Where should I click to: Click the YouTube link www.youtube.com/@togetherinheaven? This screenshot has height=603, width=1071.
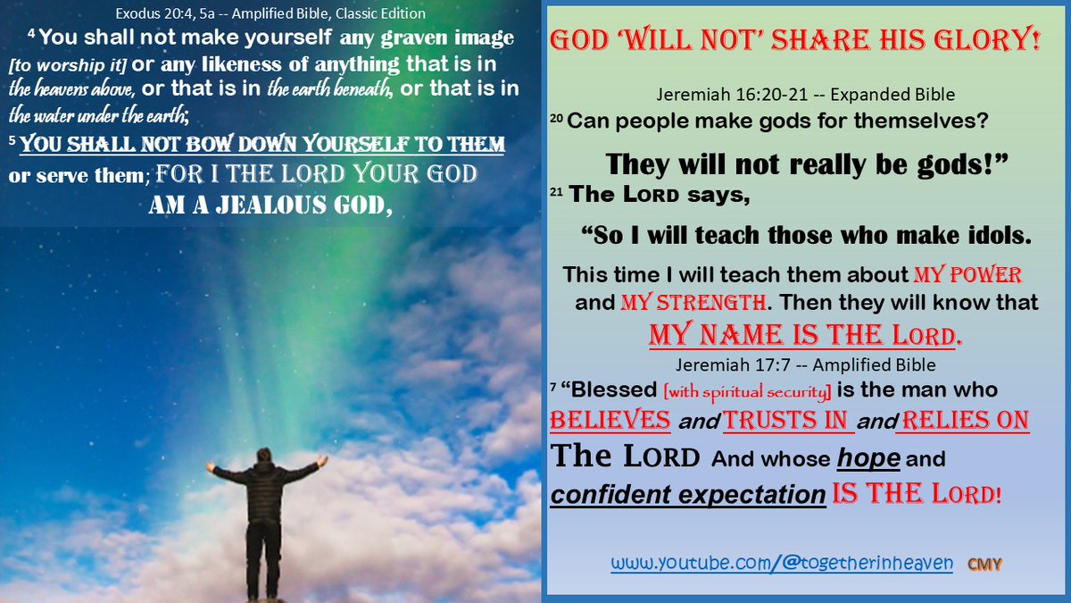[x=782, y=564]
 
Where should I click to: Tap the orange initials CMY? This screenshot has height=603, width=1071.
[x=985, y=565]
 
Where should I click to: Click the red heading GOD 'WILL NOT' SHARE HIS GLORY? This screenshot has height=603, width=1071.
[x=794, y=41]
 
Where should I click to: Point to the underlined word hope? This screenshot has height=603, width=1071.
[x=870, y=459]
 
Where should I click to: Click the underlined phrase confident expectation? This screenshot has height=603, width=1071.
[x=687, y=494]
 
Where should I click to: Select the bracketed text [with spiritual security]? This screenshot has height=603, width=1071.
[x=703, y=391]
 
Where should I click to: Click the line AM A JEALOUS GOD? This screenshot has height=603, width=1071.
[x=270, y=205]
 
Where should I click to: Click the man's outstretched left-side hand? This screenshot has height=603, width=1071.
[x=210, y=465]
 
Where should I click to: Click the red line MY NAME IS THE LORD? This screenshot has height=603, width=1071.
[x=806, y=335]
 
